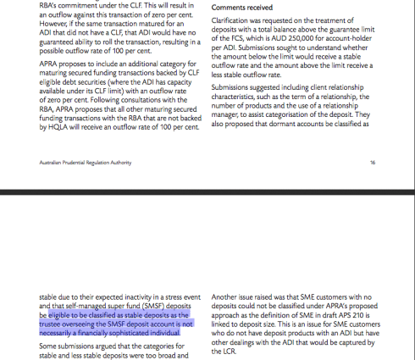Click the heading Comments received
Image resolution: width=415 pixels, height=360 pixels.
pyautogui.click(x=241, y=7)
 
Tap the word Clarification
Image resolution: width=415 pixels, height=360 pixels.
pyautogui.click(x=234, y=19)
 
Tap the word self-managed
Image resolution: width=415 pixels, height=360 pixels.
pyautogui.click(x=80, y=305)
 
